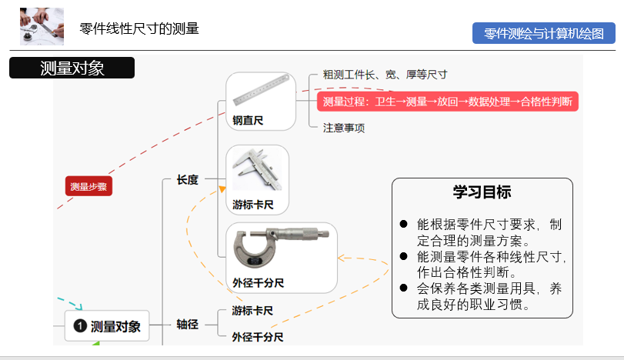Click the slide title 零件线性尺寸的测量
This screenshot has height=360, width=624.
pyautogui.click(x=139, y=29)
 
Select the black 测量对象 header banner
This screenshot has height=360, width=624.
pyautogui.click(x=72, y=68)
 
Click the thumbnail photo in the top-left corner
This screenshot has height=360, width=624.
pyautogui.click(x=42, y=27)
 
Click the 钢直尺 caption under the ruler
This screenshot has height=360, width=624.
pyautogui.click(x=248, y=121)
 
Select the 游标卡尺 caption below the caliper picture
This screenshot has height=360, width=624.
pyautogui.click(x=253, y=205)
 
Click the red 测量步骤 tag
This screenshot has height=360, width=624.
pyautogui.click(x=88, y=186)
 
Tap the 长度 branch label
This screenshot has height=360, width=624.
pyautogui.click(x=188, y=180)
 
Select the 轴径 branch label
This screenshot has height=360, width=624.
pyautogui.click(x=188, y=324)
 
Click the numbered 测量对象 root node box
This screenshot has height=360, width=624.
pyautogui.click(x=107, y=326)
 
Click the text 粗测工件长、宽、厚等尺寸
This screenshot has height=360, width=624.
pyautogui.click(x=385, y=75)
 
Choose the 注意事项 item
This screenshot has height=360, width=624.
pyautogui.click(x=344, y=128)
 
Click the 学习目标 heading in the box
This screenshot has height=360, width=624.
pyautogui.click(x=482, y=192)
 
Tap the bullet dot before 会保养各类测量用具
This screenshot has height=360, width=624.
pyautogui.click(x=403, y=287)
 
